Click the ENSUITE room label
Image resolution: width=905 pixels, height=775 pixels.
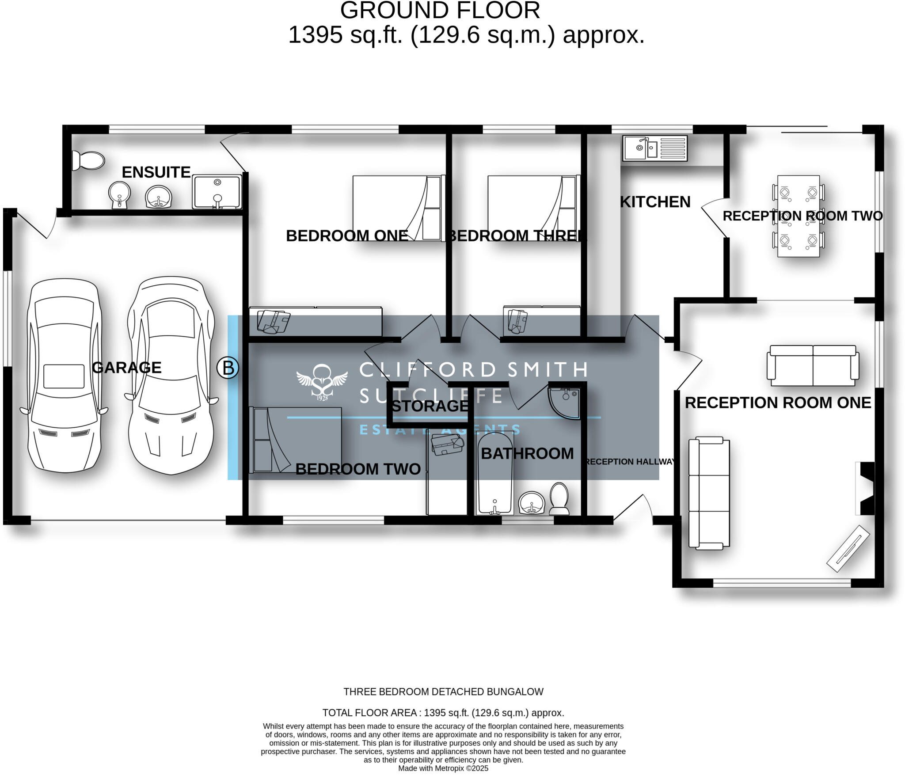coord(156,172)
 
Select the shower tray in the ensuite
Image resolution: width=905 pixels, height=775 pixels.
coord(217,192)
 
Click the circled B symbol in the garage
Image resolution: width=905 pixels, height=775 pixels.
coord(228,368)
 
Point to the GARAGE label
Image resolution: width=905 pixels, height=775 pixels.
coord(127,368)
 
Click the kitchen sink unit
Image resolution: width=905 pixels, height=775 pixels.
coord(654,148)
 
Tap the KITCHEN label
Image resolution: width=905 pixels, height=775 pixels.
coord(655,202)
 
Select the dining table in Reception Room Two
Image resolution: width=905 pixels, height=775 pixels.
coord(798,216)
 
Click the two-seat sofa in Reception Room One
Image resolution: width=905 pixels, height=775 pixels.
coord(813,365)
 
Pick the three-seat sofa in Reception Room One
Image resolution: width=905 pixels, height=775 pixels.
coord(709,493)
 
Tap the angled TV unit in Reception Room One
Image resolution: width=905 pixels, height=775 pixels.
coord(848,548)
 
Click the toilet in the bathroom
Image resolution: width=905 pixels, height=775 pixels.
coord(559,498)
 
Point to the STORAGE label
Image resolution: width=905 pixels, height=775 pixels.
coord(430,406)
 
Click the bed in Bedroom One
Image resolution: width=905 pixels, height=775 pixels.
coord(398,208)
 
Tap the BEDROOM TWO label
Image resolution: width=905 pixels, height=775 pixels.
coord(358,469)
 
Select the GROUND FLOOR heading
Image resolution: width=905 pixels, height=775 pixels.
coord(440,11)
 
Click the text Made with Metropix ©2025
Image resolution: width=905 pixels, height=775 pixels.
coord(443,768)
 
